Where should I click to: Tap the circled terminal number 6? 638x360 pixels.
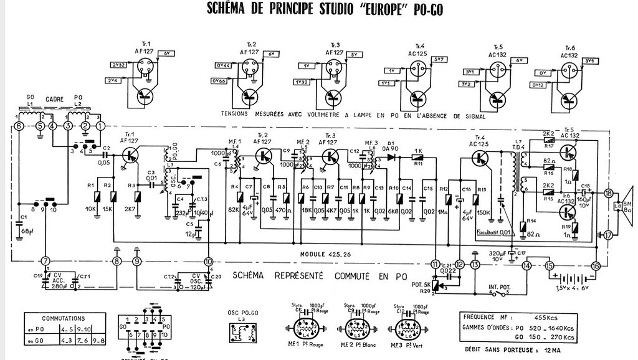pos(19,126)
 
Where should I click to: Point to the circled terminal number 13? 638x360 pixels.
pos(475,265)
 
